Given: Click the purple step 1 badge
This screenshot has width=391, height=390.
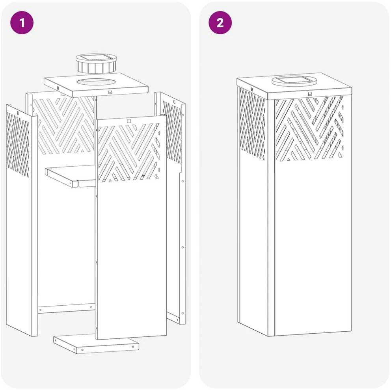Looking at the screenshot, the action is [x=22, y=23].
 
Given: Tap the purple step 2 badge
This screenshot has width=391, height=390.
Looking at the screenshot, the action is [x=220, y=23].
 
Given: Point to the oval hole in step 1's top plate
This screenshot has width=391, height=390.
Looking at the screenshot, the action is [x=92, y=82].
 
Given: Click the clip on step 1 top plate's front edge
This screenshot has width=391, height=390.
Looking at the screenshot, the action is [x=110, y=92].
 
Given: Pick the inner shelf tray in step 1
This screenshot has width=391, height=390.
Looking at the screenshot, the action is [x=71, y=176].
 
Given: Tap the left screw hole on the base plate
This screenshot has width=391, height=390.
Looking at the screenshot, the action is [x=82, y=350].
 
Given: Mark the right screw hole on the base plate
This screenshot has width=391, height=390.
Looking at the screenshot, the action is [x=133, y=347].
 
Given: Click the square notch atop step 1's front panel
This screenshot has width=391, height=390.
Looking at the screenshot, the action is [x=128, y=121].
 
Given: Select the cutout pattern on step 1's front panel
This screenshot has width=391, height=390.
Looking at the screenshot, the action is [x=128, y=152].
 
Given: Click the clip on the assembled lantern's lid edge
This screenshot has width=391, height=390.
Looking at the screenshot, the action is [x=310, y=94].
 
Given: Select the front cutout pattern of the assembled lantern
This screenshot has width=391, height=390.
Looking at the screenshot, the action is [x=309, y=128].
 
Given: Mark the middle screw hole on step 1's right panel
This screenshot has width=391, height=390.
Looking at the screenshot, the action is [x=182, y=247].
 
